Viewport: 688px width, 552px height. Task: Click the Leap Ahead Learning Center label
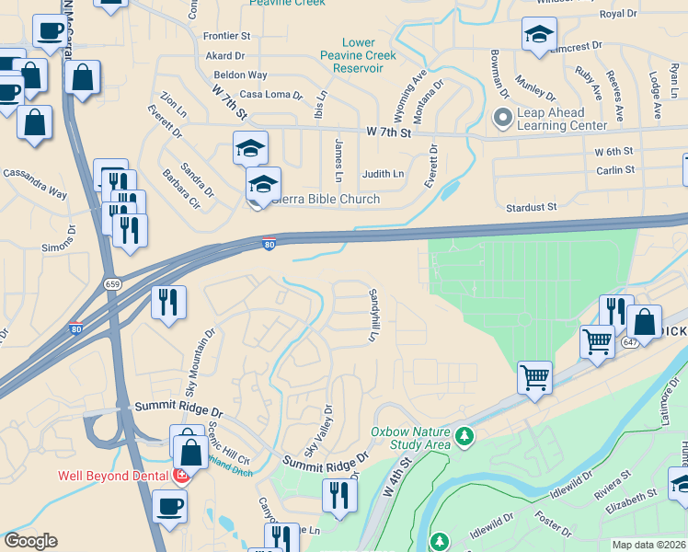562,119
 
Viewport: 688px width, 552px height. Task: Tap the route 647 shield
630,342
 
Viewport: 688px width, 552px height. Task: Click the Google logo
30,541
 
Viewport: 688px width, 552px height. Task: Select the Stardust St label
532,208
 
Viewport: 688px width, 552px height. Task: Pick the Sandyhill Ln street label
373,316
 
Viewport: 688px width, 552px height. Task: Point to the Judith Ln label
383,173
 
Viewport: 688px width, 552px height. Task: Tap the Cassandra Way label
35,182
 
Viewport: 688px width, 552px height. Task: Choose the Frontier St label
227,36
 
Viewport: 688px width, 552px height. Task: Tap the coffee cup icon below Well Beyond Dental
169,505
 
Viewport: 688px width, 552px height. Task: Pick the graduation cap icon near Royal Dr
538,36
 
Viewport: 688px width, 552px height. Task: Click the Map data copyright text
649,545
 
